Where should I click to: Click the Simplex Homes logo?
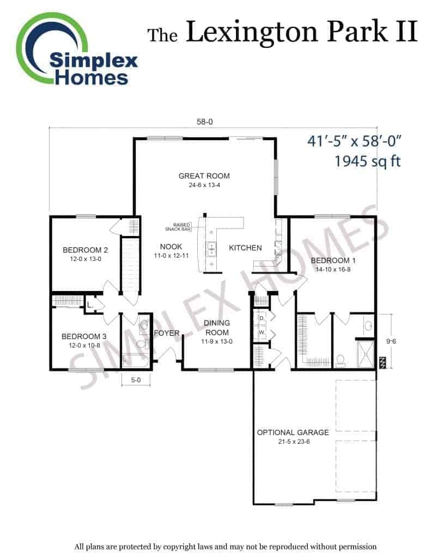(76, 49)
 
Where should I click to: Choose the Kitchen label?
(245, 248)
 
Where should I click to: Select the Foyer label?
(167, 333)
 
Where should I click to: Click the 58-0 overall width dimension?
(205, 122)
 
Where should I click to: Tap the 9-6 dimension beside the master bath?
(391, 342)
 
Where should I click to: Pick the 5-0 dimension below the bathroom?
(136, 380)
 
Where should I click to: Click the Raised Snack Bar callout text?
(178, 227)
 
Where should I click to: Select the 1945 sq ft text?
(368, 161)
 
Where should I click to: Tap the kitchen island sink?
(211, 249)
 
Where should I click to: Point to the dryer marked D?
(262, 318)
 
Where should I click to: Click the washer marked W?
(262, 333)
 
